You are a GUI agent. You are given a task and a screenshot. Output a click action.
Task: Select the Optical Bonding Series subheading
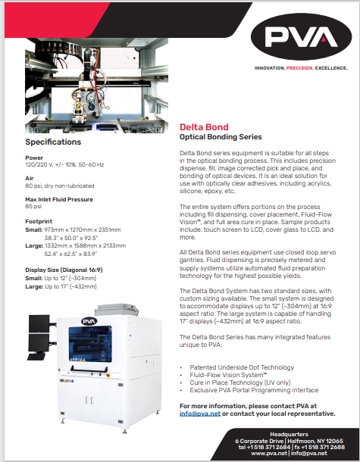[x=220, y=137]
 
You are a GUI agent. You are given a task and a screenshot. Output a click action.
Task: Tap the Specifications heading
[x=53, y=142]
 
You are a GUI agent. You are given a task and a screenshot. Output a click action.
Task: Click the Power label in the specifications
[x=34, y=157]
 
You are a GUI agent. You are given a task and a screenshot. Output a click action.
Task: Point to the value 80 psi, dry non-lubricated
[x=60, y=184]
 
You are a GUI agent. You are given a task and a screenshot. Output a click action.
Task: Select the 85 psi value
[x=33, y=205]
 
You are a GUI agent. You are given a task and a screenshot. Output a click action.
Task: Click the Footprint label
[x=39, y=220]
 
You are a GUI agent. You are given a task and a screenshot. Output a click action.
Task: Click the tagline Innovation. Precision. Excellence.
[x=302, y=67]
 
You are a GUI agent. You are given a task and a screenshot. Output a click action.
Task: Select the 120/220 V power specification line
[x=64, y=164]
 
